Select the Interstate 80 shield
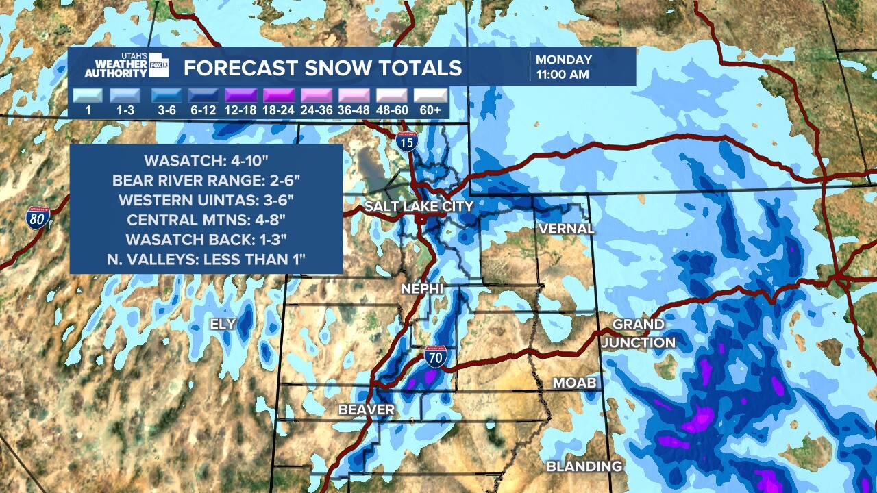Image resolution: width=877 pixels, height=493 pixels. [x=38, y=218]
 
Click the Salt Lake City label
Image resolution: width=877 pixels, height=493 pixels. [x=419, y=206]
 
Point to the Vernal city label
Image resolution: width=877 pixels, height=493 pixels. [x=566, y=229]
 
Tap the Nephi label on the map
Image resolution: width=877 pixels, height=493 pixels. [x=422, y=290]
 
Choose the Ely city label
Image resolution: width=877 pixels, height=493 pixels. [x=223, y=324]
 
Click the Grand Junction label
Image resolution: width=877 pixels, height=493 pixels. [x=639, y=333]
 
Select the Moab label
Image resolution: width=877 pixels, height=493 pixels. [x=575, y=383]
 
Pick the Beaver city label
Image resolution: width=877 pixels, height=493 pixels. [x=367, y=410]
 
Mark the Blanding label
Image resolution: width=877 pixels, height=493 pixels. [x=584, y=466]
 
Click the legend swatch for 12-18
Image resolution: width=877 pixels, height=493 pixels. [x=239, y=95]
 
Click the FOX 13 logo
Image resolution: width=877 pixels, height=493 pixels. [x=159, y=64]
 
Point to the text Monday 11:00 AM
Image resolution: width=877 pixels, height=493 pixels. [x=564, y=67]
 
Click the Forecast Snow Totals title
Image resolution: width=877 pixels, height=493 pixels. [x=323, y=68]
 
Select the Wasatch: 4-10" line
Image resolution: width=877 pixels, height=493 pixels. [x=206, y=162]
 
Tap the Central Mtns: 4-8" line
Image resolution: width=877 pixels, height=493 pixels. [x=206, y=220]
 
